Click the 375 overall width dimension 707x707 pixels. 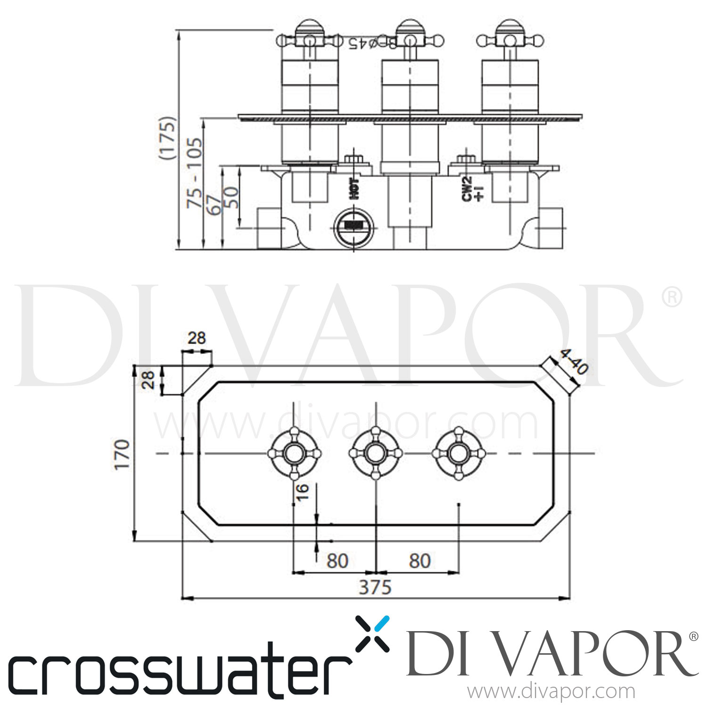click(375, 587)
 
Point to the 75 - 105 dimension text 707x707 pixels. click(194, 173)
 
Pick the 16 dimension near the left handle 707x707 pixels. click(303, 491)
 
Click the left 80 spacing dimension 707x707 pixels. click(337, 561)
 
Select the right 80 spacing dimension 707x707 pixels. click(419, 561)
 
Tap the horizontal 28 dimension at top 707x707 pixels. click(197, 338)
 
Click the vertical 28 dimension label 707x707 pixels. click(148, 379)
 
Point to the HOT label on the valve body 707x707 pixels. click(354, 188)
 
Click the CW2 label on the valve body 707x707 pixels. click(467, 189)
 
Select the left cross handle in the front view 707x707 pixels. click(294, 453)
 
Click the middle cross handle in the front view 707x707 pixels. click(375, 453)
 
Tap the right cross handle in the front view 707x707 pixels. click(457, 453)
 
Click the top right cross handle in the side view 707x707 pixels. click(510, 40)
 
